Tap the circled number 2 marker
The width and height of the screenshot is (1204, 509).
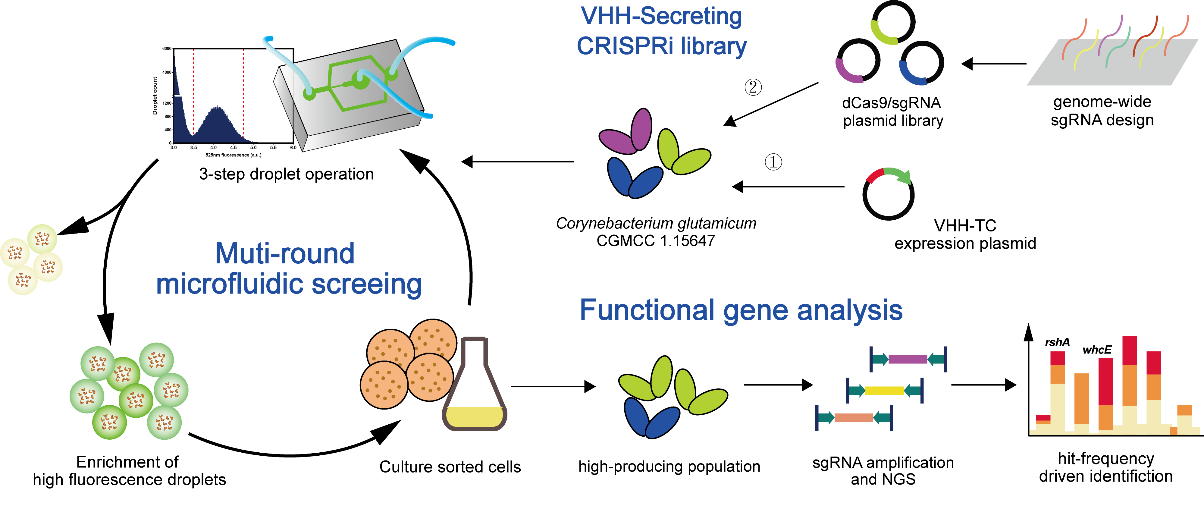coord(755,87)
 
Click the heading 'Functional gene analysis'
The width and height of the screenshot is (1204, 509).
coord(742,308)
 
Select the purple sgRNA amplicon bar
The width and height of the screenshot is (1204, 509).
coord(909,357)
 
